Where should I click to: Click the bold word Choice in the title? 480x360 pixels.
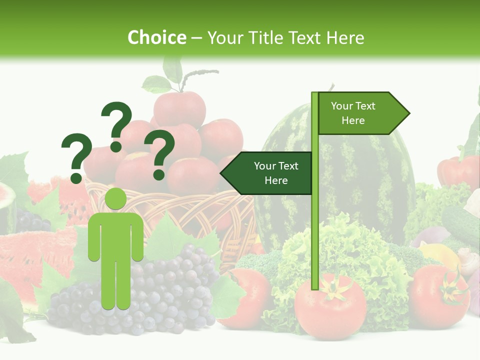pos(156,38)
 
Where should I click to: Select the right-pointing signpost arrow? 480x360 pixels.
pos(362,113)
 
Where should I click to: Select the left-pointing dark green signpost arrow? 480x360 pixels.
pos(267,173)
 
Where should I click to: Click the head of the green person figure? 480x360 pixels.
pos(115,199)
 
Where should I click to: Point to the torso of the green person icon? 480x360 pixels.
pos(115,235)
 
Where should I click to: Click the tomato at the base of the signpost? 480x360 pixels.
pos(330,305)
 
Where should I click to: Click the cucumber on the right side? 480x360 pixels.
pos(460,220)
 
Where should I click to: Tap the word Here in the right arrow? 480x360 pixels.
pos(353,120)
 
